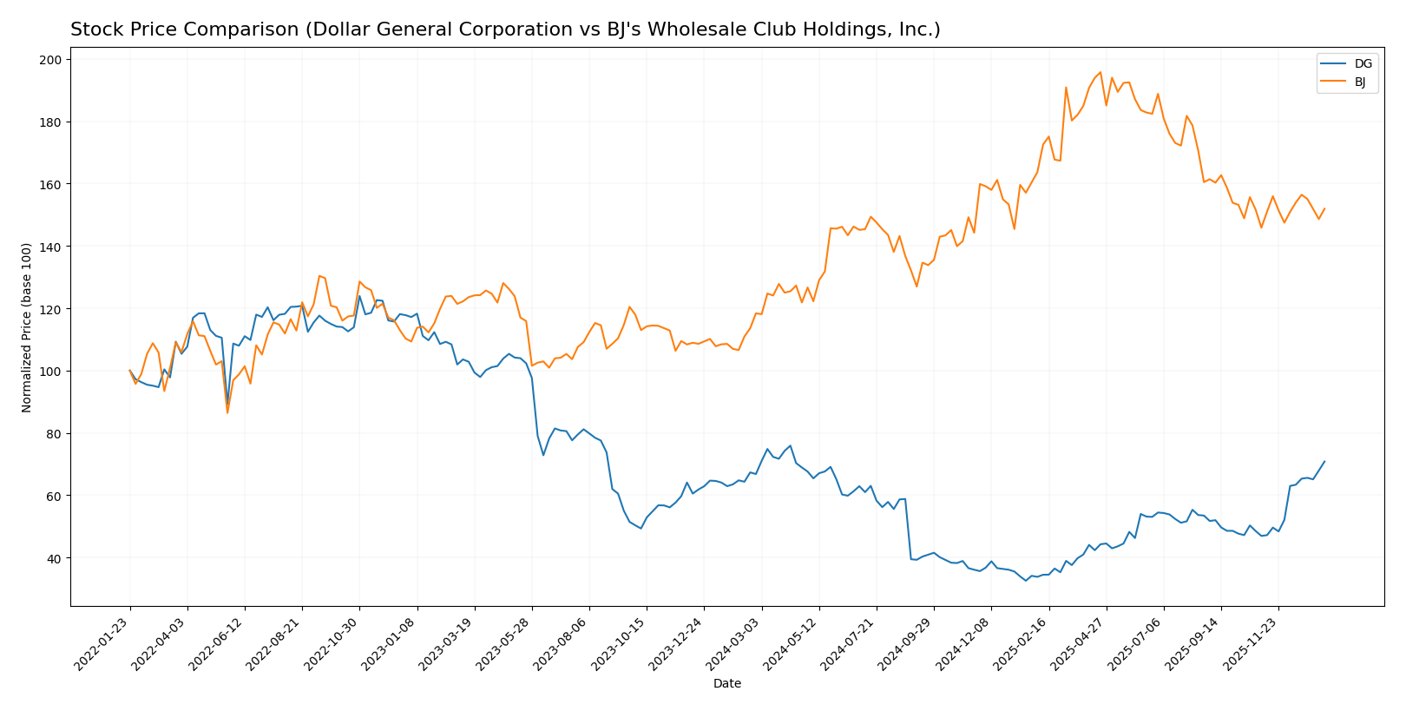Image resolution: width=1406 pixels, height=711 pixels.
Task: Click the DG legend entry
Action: point(1363,63)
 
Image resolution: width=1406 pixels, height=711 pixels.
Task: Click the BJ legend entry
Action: point(1360,82)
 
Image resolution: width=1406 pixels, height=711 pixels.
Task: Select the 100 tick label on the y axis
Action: point(50,372)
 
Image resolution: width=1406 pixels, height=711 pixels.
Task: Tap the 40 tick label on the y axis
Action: point(54,558)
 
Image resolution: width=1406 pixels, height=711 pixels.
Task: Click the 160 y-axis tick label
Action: point(50,185)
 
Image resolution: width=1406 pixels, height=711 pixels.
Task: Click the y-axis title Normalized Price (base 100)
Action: point(27,327)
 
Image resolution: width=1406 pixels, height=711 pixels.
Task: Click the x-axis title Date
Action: point(726,684)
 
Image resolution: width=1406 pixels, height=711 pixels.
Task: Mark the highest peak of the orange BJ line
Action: point(1100,72)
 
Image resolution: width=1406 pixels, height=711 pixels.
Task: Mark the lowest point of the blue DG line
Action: point(1026,581)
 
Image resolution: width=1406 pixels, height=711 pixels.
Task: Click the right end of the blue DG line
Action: point(1324,462)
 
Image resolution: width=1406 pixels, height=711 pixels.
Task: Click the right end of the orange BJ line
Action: point(1324,208)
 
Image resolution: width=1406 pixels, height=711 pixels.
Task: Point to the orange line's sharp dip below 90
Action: point(227,412)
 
